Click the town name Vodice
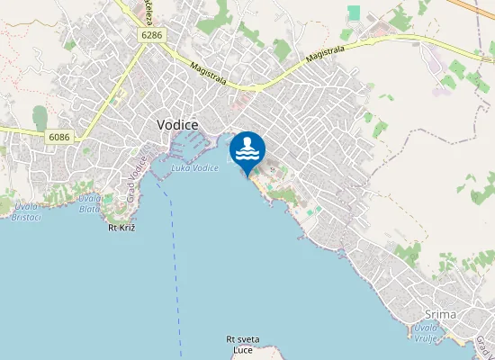[177, 124]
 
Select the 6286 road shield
[151, 34]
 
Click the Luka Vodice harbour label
[195, 168]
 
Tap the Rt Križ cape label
[121, 229]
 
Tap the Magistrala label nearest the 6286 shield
[209, 73]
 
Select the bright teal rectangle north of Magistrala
[354, 13]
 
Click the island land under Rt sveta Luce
[242, 356]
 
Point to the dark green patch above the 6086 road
[40, 117]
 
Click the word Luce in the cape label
[242, 349]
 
